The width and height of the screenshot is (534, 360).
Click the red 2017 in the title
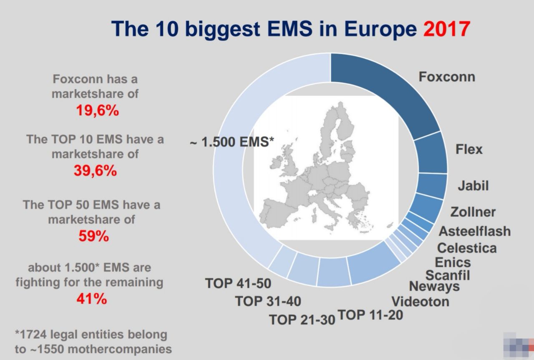[446, 29]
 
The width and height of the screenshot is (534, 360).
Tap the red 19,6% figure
[98, 111]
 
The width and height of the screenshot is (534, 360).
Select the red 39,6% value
[96, 171]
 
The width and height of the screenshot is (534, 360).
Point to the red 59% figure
[94, 236]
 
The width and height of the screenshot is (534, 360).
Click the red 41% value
[92, 299]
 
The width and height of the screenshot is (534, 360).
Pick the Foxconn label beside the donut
[447, 77]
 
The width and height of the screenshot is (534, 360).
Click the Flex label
[469, 149]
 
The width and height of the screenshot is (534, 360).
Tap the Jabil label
[473, 186]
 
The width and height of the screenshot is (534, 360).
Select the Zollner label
[473, 212]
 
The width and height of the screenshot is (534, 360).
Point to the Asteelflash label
[475, 231]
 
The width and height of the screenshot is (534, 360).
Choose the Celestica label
[467, 248]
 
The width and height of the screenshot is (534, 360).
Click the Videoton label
[421, 302]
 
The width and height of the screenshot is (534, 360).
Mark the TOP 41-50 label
[238, 283]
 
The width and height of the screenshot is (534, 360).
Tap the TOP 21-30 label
[302, 320]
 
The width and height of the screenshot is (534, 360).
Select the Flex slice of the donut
[431, 153]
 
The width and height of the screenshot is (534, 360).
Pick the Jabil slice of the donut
[432, 186]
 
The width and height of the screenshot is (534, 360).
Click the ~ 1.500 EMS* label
[232, 142]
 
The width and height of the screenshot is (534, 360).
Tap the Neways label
[434, 286]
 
